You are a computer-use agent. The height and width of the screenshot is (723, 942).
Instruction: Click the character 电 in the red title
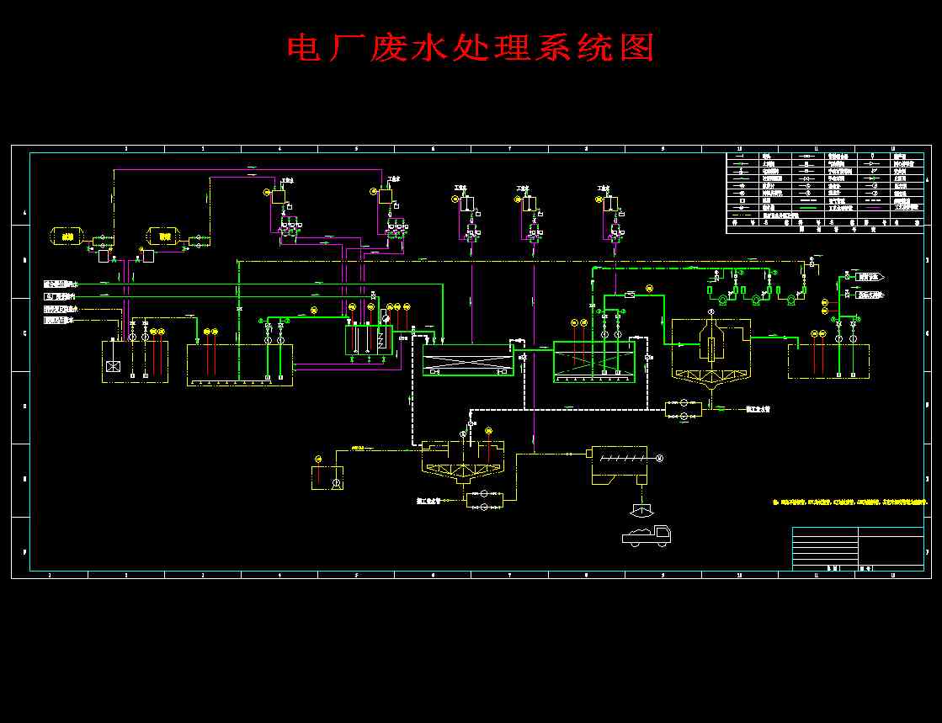pos(302,48)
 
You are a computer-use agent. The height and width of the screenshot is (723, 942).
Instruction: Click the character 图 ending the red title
pos(637,48)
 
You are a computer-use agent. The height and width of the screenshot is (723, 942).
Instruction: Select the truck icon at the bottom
pos(647,535)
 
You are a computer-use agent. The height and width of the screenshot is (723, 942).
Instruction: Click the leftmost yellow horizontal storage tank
pos(67,237)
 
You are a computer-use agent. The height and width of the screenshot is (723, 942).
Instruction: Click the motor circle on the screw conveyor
pos(659,458)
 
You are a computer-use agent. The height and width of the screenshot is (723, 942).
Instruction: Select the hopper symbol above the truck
pos(641,509)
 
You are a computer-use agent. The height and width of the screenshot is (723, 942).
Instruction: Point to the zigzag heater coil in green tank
pos(381,341)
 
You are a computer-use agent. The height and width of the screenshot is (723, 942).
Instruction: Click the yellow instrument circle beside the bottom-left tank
pos(318,459)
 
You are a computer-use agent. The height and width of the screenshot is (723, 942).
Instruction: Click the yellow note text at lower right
pos(850,502)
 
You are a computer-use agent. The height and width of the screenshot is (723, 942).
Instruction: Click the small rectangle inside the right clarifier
pos(711,348)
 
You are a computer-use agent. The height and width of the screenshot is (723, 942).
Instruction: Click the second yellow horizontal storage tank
pos(164,237)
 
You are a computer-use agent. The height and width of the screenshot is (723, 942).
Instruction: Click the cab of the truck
pos(662,534)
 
